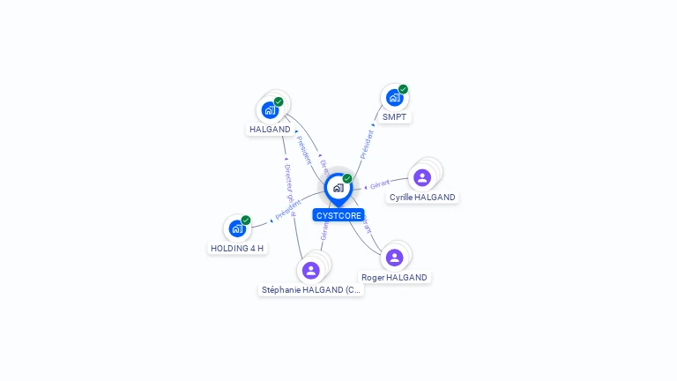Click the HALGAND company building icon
pos(270,110)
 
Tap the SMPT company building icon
pos(394,98)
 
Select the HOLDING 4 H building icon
pos(237,228)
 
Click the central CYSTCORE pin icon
pos(338,188)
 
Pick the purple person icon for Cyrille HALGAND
pos(422,177)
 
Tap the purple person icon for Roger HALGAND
pos(394,257)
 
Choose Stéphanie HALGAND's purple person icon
pos(310,270)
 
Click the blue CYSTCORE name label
pos(338,215)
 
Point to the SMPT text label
pos(394,116)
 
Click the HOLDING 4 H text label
pos(237,248)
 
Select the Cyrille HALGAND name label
pos(422,198)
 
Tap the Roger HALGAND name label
pos(394,277)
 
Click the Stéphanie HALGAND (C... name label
pos(310,289)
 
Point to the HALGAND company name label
pos(270,130)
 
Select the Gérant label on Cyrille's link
pos(380,184)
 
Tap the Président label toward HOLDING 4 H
pos(287,210)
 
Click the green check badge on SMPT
pos(403,89)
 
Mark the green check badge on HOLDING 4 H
pos(246,220)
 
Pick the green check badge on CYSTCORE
pos(347,178)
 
